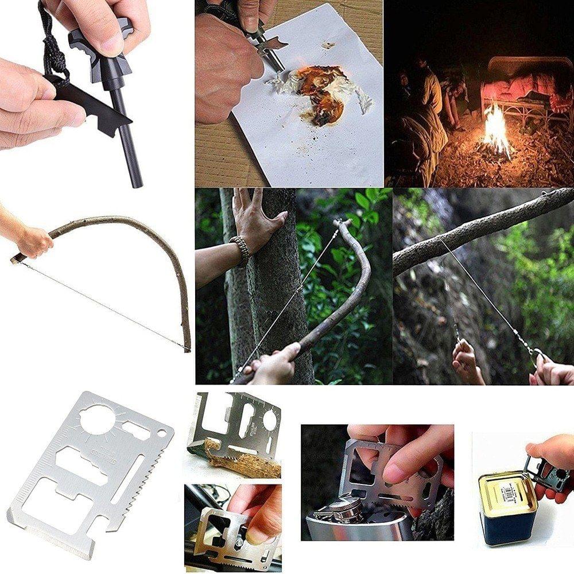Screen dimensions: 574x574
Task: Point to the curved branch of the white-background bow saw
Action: (x=149, y=241)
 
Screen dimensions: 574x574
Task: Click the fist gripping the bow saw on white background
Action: (x=34, y=241)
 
